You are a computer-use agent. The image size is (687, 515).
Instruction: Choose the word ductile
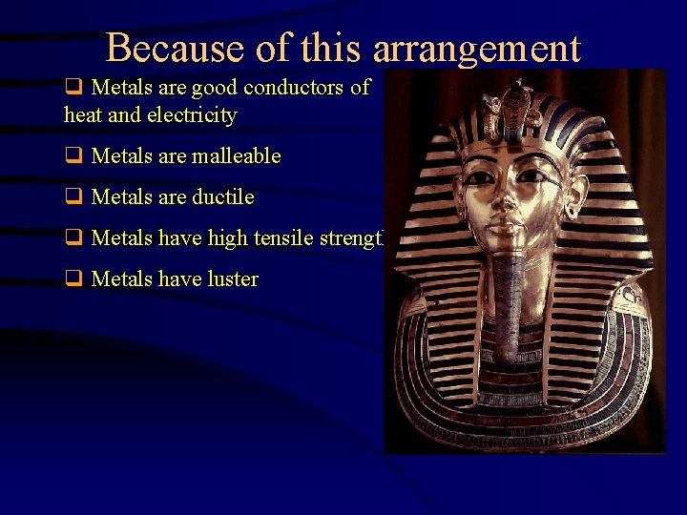point(222,196)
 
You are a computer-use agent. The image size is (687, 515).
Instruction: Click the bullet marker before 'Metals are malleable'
point(72,155)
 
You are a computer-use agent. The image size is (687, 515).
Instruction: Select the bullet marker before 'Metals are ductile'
point(72,196)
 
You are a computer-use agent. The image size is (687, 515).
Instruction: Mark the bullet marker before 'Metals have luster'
point(72,278)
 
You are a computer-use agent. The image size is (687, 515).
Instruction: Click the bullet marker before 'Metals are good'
point(72,88)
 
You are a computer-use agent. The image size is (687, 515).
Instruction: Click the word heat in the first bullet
point(80,115)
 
